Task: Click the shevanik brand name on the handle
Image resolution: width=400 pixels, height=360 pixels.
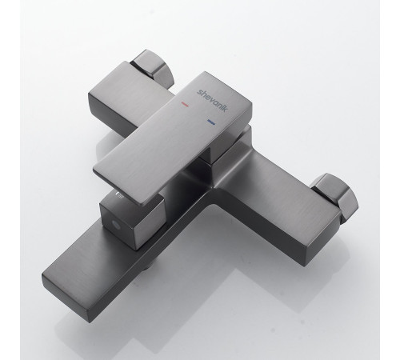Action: coord(212,100)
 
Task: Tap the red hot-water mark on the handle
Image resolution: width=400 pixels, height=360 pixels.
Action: coord(185,104)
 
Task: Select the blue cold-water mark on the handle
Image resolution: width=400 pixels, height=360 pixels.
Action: coord(211,122)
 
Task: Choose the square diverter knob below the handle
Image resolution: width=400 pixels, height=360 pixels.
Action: coord(132,220)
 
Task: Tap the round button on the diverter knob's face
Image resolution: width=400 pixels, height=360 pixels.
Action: coord(116,224)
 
